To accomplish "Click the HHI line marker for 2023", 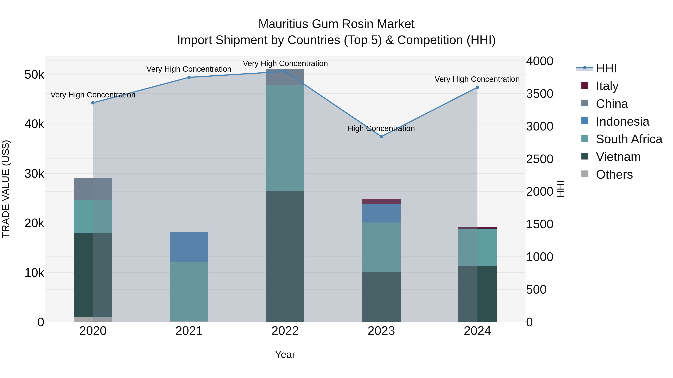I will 381,136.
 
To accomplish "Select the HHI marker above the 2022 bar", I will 285,71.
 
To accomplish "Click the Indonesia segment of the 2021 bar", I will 189,247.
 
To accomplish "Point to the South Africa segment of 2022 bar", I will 285,138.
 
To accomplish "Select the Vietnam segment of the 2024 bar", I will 477,294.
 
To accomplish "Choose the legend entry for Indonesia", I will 622,122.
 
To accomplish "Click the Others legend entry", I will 614,175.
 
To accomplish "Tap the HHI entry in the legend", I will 606,68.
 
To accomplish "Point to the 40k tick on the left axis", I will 34,124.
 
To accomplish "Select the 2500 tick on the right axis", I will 540,159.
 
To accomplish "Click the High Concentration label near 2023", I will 381,128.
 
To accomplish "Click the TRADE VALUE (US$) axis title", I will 6,189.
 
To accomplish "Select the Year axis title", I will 285,354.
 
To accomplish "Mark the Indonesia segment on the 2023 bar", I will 381,213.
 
